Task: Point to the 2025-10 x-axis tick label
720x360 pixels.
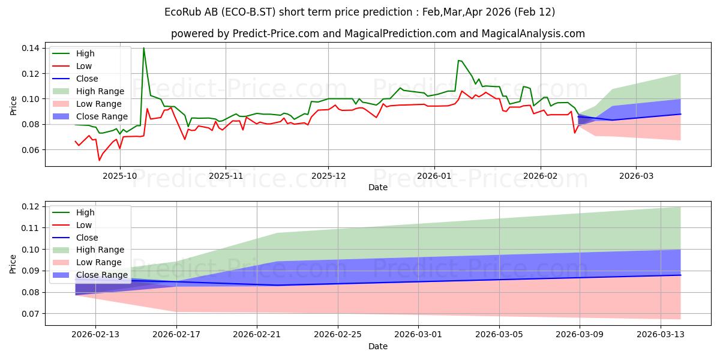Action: tap(120, 175)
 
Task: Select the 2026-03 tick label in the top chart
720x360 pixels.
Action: tap(637, 175)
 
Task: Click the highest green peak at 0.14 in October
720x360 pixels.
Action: tap(143, 48)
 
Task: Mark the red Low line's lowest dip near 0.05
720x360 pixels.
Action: tap(99, 160)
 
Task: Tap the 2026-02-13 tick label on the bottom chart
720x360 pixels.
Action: tap(95, 334)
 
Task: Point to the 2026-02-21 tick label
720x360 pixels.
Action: tap(257, 334)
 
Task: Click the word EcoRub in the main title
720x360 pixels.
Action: tap(184, 12)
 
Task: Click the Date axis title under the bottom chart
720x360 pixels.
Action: tap(378, 346)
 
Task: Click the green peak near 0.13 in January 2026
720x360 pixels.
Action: tap(458, 60)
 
